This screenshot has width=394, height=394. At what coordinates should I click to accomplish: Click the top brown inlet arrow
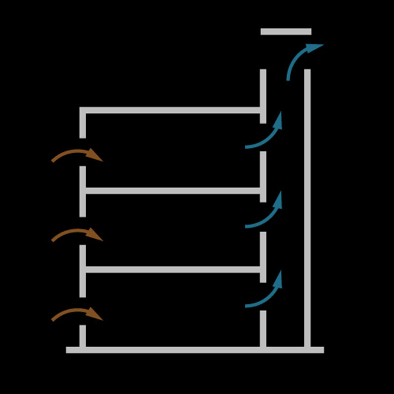pos(77,154)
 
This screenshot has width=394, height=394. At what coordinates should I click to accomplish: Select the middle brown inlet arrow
pos(77,233)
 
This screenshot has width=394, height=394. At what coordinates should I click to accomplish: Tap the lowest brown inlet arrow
pos(77,313)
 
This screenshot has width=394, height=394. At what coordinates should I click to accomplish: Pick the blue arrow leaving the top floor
pos(266,136)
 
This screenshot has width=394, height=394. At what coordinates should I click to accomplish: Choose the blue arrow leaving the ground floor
pos(266,295)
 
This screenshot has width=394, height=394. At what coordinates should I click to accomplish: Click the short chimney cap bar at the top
pos(286,32)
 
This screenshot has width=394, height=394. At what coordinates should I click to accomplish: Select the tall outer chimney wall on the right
pos(307,209)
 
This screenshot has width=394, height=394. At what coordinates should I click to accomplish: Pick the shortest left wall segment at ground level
pos(82,336)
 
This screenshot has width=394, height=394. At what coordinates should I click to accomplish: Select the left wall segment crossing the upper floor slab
pos(82,191)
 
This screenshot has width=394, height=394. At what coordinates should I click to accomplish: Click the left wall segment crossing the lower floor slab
pos(82,271)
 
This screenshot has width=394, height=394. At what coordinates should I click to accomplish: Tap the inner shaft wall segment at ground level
pos(263,329)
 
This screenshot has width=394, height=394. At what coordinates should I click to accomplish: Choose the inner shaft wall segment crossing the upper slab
pos(263,177)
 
